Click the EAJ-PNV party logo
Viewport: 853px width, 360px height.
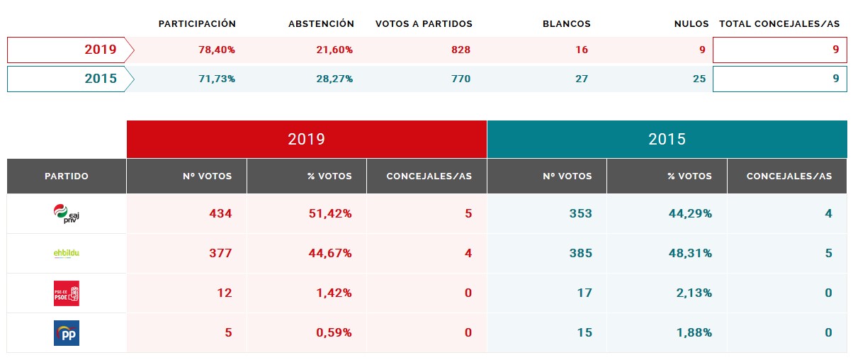(x=67, y=213)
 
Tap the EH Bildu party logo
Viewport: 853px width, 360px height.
(x=67, y=253)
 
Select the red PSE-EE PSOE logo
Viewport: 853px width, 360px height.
(x=67, y=293)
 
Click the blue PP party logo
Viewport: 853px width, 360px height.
(x=67, y=332)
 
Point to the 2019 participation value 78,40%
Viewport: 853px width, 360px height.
(x=217, y=50)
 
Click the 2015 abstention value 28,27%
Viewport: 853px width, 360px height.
(x=334, y=79)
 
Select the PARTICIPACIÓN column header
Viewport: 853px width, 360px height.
(x=197, y=24)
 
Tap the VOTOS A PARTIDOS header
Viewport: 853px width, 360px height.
(x=424, y=24)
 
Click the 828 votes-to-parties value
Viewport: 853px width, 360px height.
(x=461, y=50)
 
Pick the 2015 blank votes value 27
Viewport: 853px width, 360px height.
(x=582, y=79)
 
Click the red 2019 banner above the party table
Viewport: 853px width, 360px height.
(x=307, y=139)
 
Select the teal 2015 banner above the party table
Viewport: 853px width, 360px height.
(x=667, y=139)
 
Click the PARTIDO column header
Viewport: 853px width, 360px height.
(x=67, y=176)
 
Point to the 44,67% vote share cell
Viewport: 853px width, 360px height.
(x=329, y=253)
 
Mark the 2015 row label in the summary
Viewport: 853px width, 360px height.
(x=101, y=79)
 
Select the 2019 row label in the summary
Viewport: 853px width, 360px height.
(x=101, y=50)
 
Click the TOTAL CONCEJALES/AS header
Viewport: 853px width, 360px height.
(x=779, y=24)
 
